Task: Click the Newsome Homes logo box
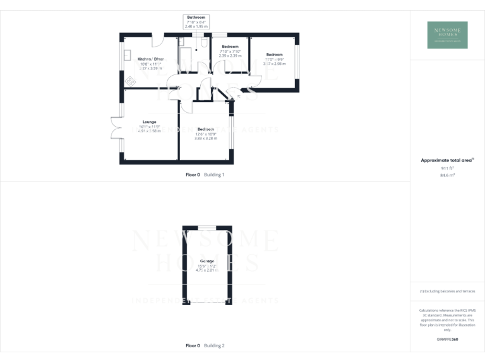coord(447,35)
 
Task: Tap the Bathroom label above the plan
coord(196,17)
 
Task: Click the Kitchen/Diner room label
coord(150,59)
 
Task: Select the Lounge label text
coord(149,122)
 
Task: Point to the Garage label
coord(207,261)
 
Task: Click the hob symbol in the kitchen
coord(131,81)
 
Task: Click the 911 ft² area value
coord(447,169)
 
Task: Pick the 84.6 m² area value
coord(447,176)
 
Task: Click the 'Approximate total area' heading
coord(446,161)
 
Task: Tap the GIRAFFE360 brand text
coord(447,340)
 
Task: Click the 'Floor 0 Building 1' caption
coord(205,174)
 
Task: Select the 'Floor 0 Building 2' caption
coord(205,345)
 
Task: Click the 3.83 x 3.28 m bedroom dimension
coord(206,138)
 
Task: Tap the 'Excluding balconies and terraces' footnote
coord(447,291)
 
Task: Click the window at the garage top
coord(207,226)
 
